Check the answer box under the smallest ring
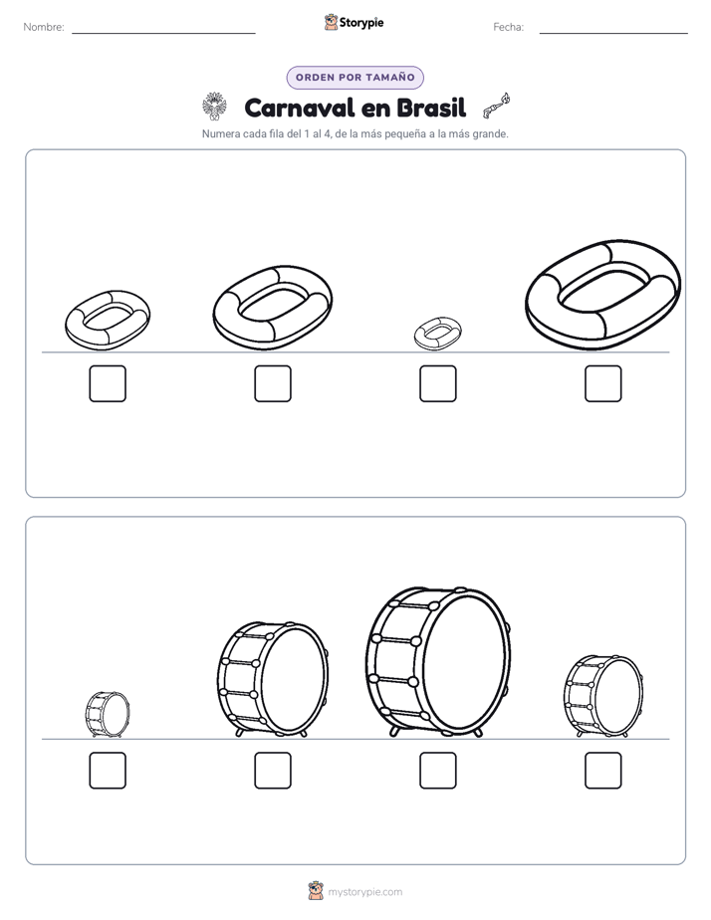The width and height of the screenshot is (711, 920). click(x=437, y=383)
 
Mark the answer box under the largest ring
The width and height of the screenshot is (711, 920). click(x=603, y=383)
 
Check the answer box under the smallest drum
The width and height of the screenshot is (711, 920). click(x=108, y=771)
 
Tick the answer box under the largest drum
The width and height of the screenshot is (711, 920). click(x=437, y=771)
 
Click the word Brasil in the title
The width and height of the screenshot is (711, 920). click(x=431, y=108)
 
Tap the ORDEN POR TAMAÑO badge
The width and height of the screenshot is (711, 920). click(x=355, y=78)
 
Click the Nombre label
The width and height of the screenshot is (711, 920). click(x=44, y=27)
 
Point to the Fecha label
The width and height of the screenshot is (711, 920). click(x=508, y=27)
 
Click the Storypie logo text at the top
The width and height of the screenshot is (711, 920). click(x=361, y=22)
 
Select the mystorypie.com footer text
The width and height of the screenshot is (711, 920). click(x=364, y=892)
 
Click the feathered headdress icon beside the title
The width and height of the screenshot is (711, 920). click(x=214, y=107)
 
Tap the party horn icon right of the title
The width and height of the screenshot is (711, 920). click(x=496, y=106)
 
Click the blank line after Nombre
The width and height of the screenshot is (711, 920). click(x=163, y=34)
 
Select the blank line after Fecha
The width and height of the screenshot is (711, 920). click(x=613, y=34)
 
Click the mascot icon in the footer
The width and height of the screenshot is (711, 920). click(x=316, y=891)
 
